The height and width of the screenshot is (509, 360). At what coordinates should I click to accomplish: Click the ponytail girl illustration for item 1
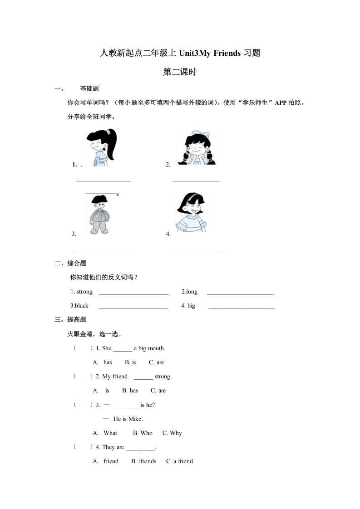[x=101, y=147]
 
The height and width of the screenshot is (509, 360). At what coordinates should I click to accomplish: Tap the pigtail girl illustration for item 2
[x=197, y=147]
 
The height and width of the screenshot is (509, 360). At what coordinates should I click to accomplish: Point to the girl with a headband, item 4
[x=193, y=212]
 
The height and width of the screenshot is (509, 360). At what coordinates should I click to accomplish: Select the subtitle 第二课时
[x=180, y=72]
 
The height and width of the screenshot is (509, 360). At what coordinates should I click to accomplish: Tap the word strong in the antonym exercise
[x=84, y=292]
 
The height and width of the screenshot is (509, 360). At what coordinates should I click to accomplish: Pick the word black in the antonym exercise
[x=82, y=306]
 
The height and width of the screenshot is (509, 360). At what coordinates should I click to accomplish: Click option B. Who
[x=143, y=433]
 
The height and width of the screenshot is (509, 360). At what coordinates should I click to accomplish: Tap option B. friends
[x=143, y=461]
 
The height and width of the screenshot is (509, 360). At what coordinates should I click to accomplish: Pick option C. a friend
[x=179, y=461]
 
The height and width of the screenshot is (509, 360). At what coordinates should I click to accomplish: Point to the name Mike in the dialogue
[x=135, y=419]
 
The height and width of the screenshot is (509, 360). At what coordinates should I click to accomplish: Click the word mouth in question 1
[x=157, y=348]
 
